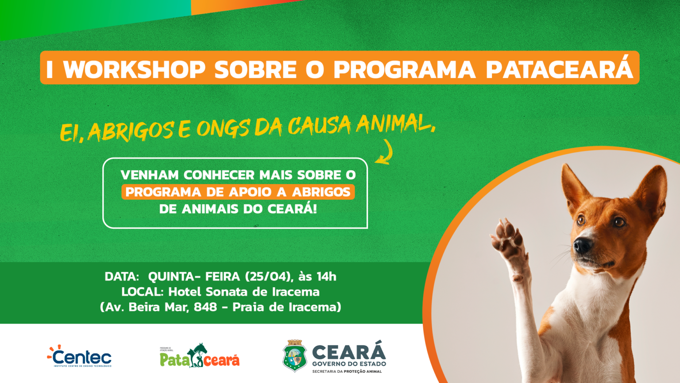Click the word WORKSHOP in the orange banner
(135, 69)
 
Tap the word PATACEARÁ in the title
(559, 69)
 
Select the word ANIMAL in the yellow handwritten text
(394, 124)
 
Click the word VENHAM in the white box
(149, 175)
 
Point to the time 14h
(326, 277)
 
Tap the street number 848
(205, 307)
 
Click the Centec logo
(80, 356)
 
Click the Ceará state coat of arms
(294, 356)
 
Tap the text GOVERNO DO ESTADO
(349, 364)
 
